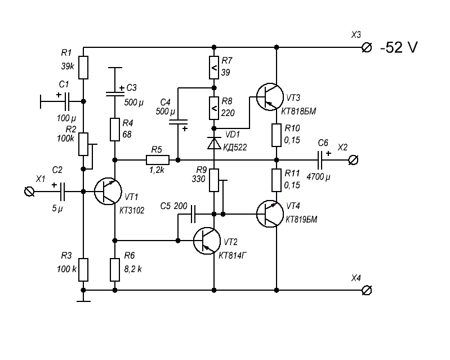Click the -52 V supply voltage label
[x=399, y=48]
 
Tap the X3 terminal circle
[x=366, y=48]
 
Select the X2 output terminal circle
[x=353, y=161]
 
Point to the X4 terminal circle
[x=366, y=290]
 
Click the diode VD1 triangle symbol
[x=214, y=144]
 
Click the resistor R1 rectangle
[x=83, y=68]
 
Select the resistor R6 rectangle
[x=115, y=269]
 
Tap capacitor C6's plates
[x=321, y=161]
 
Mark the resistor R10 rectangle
[x=276, y=135]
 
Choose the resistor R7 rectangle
[x=214, y=68]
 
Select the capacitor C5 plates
[x=193, y=214]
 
